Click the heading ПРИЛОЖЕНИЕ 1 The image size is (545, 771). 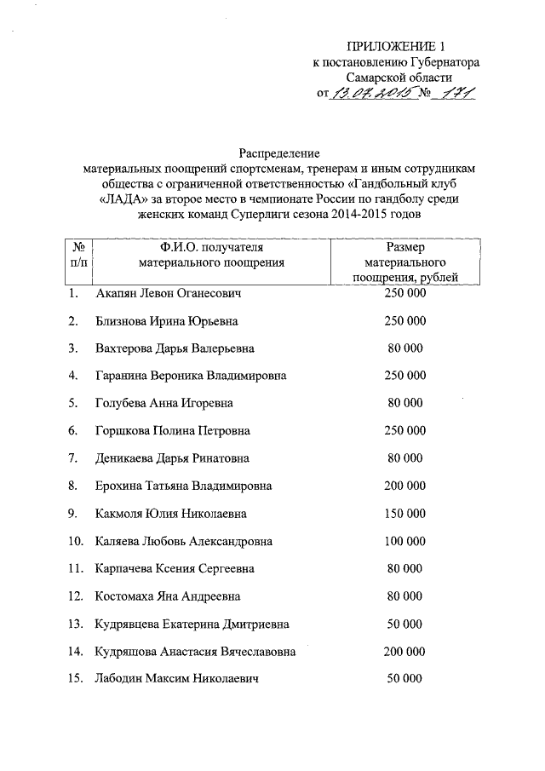coord(396,46)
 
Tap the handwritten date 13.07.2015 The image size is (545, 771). coord(372,93)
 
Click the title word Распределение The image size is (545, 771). coord(278,154)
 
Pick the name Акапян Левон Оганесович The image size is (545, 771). coord(169,294)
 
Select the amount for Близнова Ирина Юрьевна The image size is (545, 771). coord(404,321)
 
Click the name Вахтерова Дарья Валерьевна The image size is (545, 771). coord(175,348)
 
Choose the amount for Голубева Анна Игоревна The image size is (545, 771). coord(404,403)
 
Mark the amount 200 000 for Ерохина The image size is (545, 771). coord(404,486)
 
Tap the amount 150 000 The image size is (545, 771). coord(404,513)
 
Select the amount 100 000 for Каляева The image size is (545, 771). coord(404,541)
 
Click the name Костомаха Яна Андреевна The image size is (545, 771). coord(168,596)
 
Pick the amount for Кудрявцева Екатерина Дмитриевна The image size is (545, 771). coord(404,624)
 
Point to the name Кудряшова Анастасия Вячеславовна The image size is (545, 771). coord(196,652)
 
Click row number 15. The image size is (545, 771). coord(76,679)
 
